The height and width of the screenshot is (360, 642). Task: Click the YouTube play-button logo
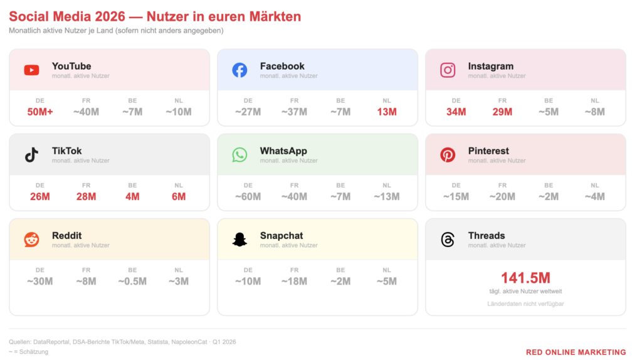pos(31,70)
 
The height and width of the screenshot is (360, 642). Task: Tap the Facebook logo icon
pos(239,70)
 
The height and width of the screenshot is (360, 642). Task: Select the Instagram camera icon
pos(448,70)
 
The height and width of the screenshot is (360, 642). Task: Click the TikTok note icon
pos(31,155)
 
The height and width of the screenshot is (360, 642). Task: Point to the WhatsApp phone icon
pos(239,155)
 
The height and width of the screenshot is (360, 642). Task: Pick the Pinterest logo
pos(448,155)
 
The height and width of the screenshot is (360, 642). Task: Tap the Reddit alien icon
pos(31,240)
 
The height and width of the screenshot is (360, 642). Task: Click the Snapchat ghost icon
pos(239,240)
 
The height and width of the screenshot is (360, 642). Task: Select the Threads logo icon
pos(448,240)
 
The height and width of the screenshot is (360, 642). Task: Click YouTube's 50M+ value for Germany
pos(40,112)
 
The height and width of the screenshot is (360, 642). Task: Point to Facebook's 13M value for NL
pos(386,112)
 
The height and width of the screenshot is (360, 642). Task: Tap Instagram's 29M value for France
pos(502,112)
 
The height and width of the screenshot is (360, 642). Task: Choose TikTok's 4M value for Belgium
pos(132,196)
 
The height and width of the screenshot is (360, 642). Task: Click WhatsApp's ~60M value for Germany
pos(248,196)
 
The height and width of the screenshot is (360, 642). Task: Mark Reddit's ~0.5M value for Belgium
pos(132,282)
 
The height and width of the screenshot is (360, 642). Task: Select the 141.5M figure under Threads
pos(526,278)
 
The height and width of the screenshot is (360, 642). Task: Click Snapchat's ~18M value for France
pos(294,282)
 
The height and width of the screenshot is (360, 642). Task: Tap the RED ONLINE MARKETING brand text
pos(576,352)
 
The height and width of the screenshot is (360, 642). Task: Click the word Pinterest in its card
pos(488,151)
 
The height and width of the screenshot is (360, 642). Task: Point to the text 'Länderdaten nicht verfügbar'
pos(526,304)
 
